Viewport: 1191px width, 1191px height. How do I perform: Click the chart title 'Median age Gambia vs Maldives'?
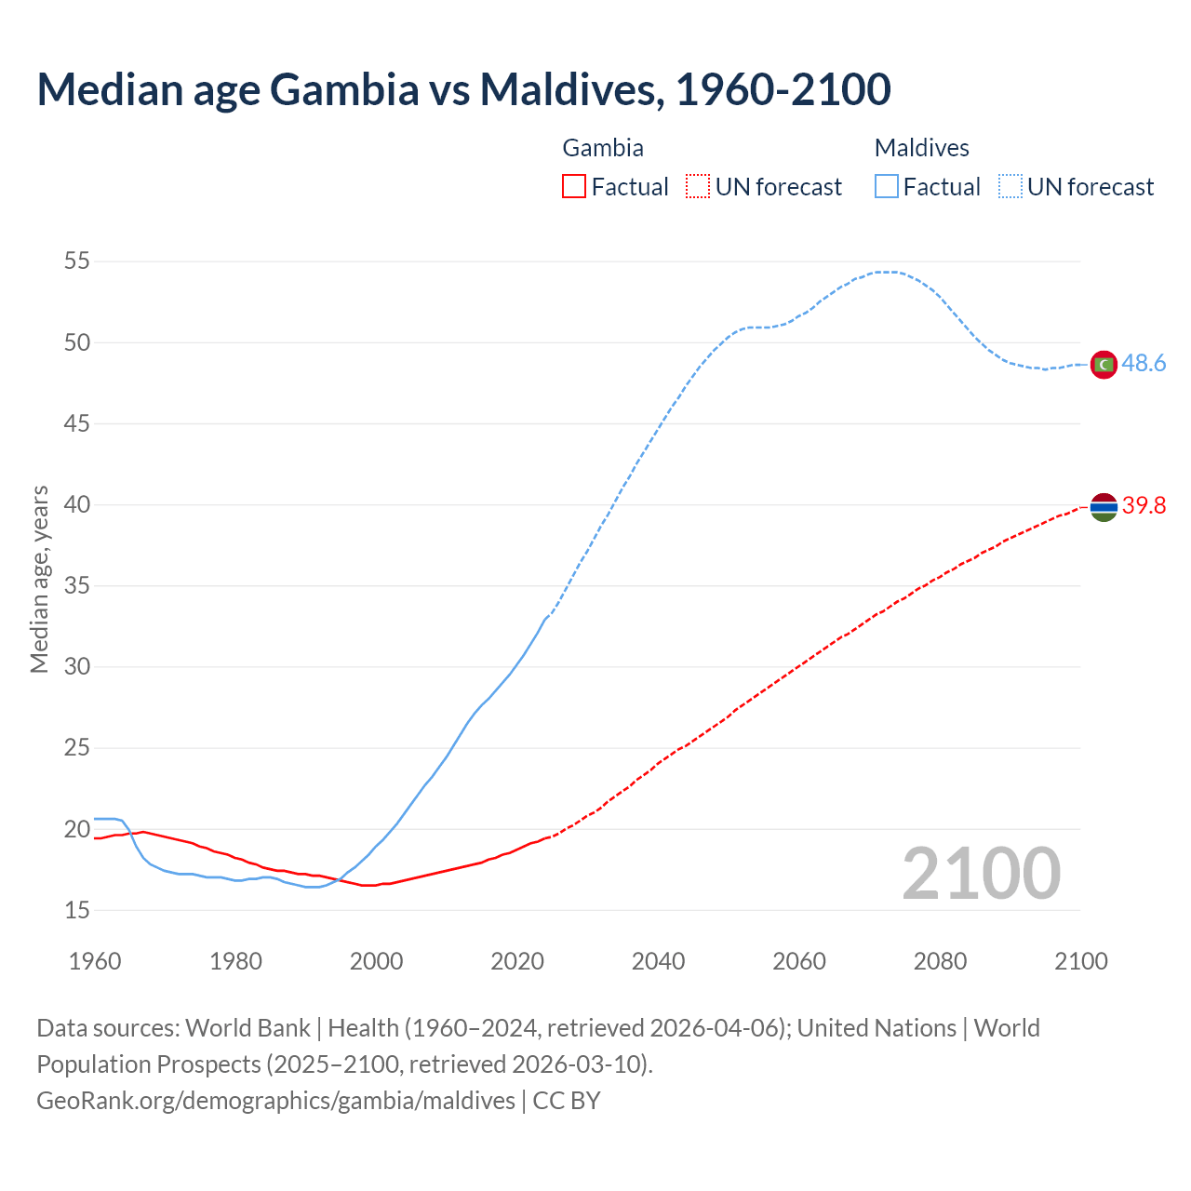point(463,89)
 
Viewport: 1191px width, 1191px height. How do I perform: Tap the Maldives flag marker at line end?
point(1103,364)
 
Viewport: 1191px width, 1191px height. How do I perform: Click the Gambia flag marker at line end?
point(1103,506)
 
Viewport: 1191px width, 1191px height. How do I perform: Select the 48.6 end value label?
point(1144,364)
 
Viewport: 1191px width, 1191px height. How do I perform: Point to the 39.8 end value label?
point(1144,506)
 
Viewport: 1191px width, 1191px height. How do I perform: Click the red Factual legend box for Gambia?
point(574,187)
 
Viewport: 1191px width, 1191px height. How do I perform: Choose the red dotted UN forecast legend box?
point(698,187)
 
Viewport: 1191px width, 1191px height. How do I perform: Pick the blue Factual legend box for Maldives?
point(886,187)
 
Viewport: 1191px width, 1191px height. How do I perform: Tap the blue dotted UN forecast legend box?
point(1010,187)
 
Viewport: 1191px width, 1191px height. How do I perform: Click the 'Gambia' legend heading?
point(603,148)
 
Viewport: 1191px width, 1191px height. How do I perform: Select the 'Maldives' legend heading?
point(921,148)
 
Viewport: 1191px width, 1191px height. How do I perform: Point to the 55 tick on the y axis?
point(77,261)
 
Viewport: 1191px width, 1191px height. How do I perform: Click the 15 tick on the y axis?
point(77,910)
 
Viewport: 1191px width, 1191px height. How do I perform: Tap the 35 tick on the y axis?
point(77,586)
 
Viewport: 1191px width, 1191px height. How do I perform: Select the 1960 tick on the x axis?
point(95,961)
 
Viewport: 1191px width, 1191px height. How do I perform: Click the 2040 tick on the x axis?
point(658,961)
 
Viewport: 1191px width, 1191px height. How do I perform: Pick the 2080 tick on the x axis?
point(940,961)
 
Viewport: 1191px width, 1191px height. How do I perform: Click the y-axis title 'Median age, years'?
point(39,579)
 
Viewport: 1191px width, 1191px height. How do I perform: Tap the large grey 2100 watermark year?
point(981,873)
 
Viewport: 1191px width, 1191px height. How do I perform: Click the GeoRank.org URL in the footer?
point(275,1101)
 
